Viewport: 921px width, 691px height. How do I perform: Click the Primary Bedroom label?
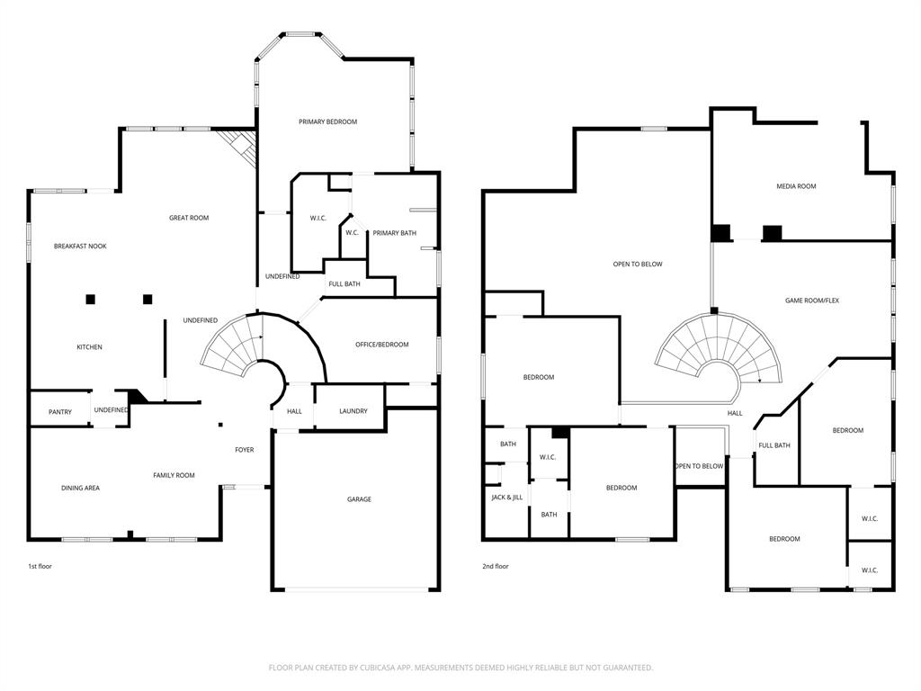[x=328, y=121]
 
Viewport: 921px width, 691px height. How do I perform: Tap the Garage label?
[x=359, y=499]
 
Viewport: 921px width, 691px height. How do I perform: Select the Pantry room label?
[x=60, y=412]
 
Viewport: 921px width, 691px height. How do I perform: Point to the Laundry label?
[x=353, y=411]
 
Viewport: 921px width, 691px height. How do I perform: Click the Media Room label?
[x=796, y=186]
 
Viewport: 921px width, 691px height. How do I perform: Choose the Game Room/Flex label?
[x=811, y=301]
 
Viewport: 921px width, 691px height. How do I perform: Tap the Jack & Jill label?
[x=506, y=497]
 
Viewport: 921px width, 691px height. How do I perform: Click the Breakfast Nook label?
[x=80, y=246]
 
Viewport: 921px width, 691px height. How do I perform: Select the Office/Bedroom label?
[x=381, y=345]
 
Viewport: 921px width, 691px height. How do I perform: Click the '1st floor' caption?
[x=40, y=567]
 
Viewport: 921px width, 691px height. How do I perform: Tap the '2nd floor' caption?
[x=496, y=567]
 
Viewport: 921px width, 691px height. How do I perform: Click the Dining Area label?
[x=80, y=488]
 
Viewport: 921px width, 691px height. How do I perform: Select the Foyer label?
[x=245, y=450]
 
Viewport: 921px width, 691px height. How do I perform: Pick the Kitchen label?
[x=89, y=347]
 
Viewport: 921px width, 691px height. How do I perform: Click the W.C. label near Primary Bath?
[x=352, y=233]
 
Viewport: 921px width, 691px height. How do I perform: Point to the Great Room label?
[x=189, y=218]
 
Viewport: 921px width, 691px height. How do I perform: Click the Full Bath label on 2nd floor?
[x=774, y=445]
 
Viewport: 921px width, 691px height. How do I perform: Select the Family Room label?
[x=174, y=475]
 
